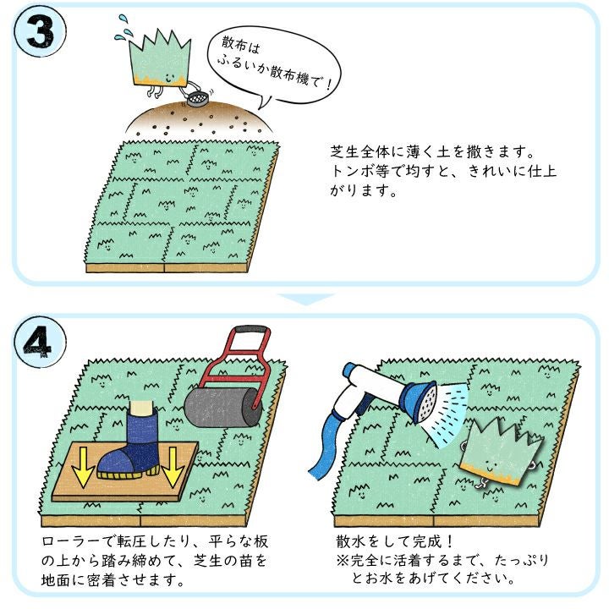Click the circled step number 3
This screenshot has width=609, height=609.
pos(40,32)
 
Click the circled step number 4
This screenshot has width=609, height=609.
pos(40,342)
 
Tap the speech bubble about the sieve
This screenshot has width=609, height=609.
pos(273,66)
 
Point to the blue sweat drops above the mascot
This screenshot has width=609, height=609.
pos(122,28)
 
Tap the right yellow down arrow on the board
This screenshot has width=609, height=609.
pos(172,466)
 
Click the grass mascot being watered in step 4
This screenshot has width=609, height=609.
pos(500,453)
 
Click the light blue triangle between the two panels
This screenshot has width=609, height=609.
pos(305,299)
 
